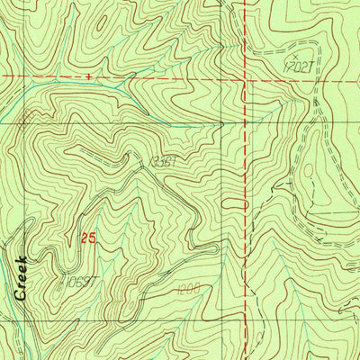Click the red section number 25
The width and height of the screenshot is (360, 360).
coord(87,238)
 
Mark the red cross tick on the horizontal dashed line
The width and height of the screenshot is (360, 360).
coord(88,77)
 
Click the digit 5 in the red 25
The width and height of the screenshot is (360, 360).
coord(91,238)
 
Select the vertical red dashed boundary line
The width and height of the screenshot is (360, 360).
coord(245,180)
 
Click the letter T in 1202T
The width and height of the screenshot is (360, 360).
coord(306,67)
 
